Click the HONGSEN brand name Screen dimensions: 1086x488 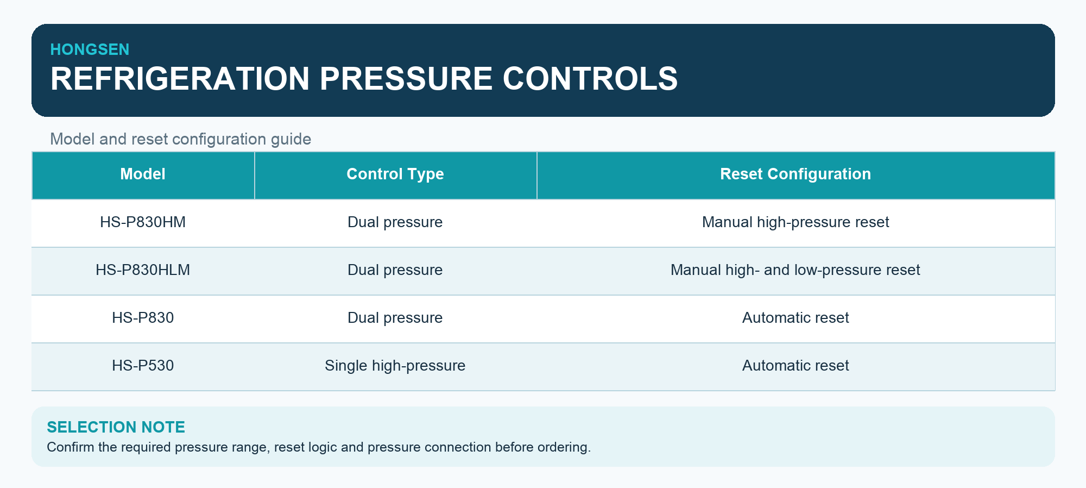90,49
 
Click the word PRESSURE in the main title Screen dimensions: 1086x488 406,78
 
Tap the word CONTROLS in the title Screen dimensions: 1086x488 590,78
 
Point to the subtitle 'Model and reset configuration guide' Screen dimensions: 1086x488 180,139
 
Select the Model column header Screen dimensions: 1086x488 143,174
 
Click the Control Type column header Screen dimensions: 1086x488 395,174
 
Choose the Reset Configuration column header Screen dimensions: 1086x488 795,174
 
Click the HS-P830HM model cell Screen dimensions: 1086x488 143,222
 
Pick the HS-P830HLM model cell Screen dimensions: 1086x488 143,270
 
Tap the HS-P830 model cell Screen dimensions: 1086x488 143,318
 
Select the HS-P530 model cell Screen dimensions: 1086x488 143,366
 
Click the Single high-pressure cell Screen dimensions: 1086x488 395,366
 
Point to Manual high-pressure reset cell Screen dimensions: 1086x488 795,222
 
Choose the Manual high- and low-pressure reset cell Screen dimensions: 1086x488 795,270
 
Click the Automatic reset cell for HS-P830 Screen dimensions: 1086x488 795,318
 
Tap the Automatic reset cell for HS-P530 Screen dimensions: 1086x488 795,366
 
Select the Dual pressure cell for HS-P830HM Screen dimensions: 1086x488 395,222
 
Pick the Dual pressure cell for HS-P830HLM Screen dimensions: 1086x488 395,270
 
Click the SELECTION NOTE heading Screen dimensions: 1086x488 116,427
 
